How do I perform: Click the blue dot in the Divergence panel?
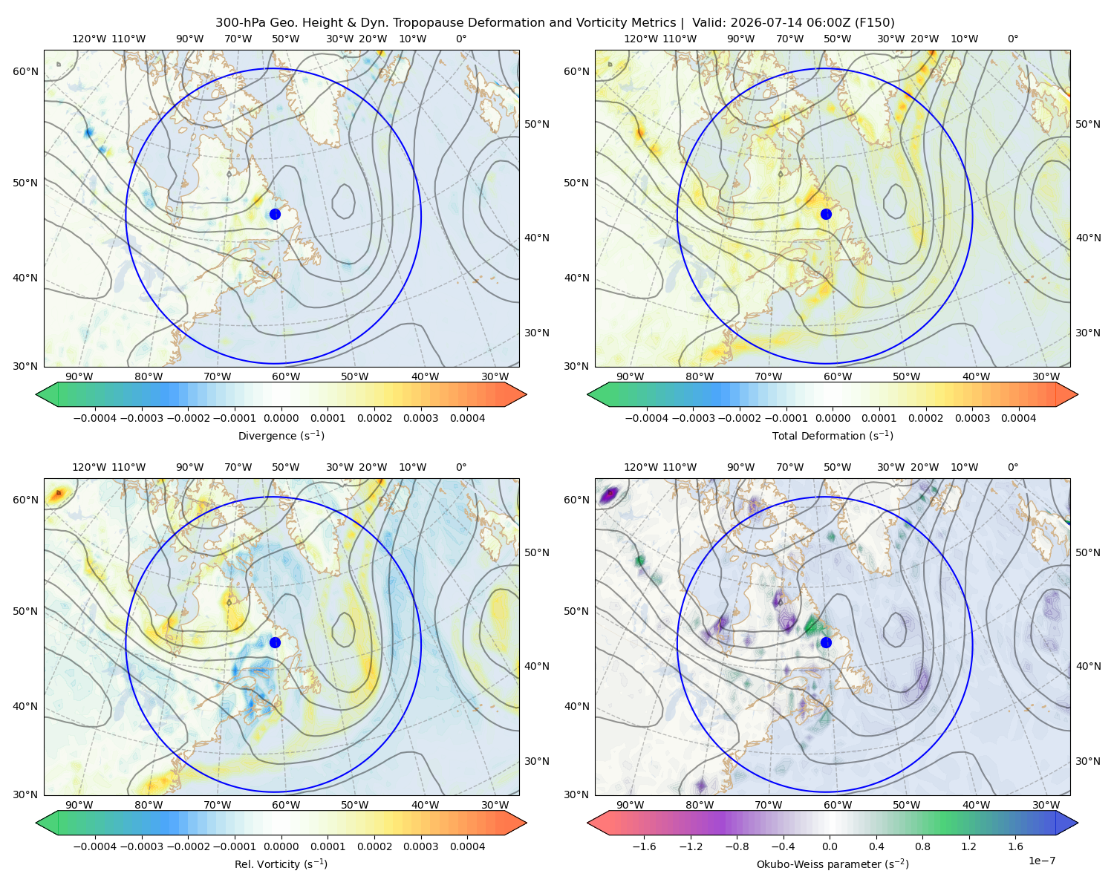[275, 214]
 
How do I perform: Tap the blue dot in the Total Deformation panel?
[826, 214]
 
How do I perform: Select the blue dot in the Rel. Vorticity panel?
[275, 642]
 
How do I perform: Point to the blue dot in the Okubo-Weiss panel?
[826, 642]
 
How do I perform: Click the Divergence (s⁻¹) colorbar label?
[281, 435]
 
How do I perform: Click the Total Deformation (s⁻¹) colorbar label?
[833, 435]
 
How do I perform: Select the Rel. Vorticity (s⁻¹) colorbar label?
[281, 864]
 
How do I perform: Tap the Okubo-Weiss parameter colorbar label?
[833, 864]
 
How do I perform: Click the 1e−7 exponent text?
[1041, 861]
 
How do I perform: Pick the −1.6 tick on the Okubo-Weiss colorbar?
[644, 846]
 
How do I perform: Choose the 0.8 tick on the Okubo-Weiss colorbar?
[922, 846]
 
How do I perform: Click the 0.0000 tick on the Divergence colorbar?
[281, 418]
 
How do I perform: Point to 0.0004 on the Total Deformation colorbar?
[1019, 418]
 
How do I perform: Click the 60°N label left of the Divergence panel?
[25, 71]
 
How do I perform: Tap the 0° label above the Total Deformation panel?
[1012, 39]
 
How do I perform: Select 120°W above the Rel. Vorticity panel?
[89, 467]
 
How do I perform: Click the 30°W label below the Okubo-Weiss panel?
[1046, 805]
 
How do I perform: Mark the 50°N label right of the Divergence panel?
[537, 124]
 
